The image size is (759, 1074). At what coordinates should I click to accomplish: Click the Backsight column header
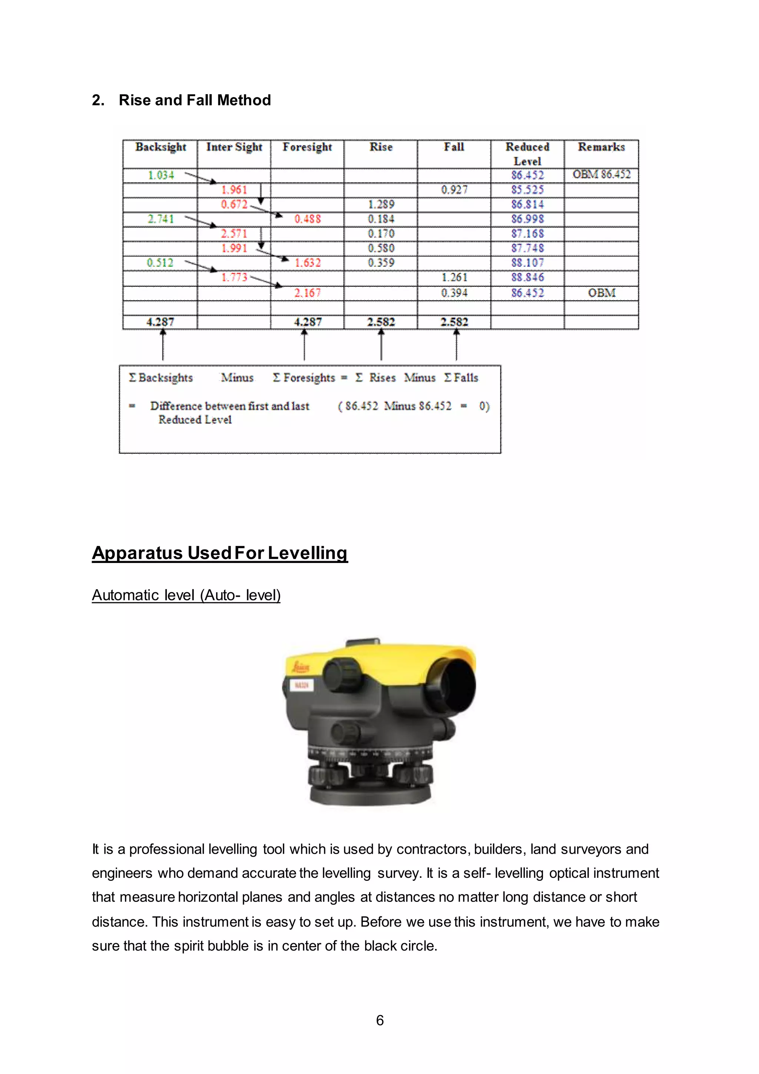point(160,147)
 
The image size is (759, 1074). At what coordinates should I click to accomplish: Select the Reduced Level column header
point(527,154)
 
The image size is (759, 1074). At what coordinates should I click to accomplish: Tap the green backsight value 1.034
point(161,175)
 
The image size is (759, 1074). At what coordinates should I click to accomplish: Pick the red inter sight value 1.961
point(234,190)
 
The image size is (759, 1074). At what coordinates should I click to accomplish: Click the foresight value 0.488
point(308,219)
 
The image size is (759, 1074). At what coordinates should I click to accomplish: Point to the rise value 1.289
point(381,204)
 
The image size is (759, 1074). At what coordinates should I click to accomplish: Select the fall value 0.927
point(454,190)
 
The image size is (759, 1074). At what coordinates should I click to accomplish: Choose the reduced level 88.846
point(527,277)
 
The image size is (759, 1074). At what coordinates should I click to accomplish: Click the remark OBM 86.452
point(601,174)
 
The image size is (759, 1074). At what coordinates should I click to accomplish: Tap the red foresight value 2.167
point(308,293)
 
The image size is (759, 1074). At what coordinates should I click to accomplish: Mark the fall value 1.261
point(454,277)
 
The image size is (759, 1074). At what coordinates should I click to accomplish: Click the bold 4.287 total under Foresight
point(308,322)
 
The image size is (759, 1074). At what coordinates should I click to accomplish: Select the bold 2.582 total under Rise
point(381,322)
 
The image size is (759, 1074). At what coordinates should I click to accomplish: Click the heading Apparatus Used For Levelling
point(220,553)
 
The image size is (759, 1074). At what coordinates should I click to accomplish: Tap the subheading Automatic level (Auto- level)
point(186,595)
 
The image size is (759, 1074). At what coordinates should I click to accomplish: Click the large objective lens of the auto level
point(456,685)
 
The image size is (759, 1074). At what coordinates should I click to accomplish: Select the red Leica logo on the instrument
point(300,666)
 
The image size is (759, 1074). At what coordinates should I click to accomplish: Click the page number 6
point(380,1020)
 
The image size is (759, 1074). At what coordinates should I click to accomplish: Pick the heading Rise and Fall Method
point(195,100)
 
